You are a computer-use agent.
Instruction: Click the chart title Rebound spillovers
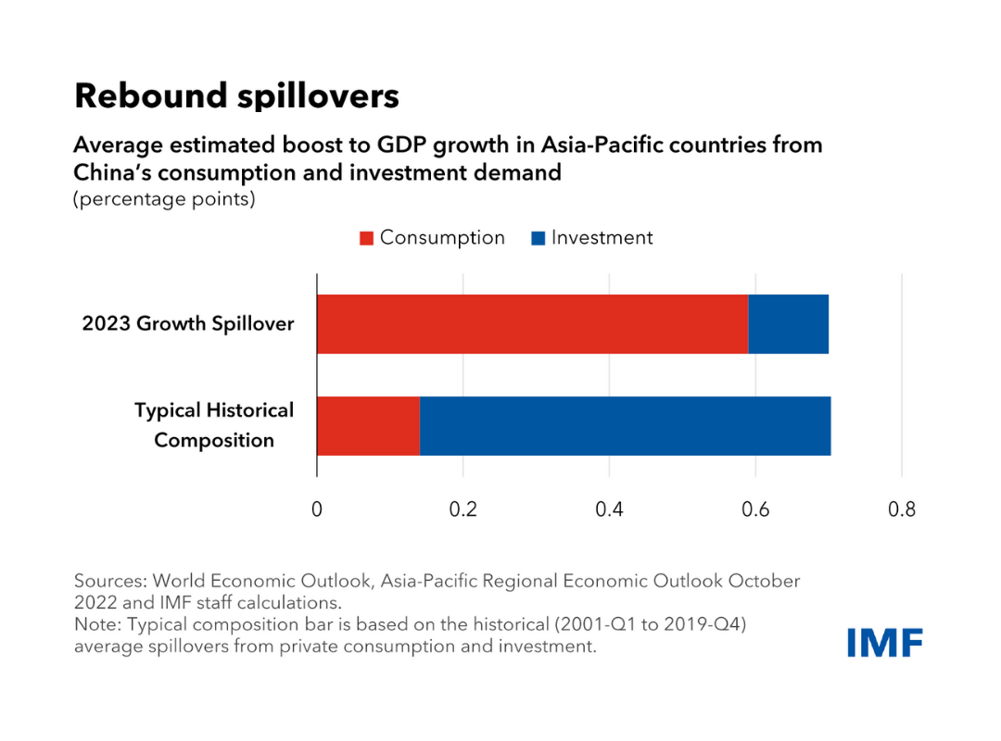(236, 96)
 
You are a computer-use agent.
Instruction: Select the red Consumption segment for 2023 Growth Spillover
(532, 324)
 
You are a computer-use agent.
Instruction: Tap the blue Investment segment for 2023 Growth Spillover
(788, 324)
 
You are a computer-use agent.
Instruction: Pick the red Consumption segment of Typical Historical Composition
(368, 425)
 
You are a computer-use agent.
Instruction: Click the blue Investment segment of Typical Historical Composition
(625, 425)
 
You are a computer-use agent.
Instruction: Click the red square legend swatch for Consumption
(366, 238)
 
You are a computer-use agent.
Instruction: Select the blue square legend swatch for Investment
(538, 238)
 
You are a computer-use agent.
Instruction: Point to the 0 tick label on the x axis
(317, 509)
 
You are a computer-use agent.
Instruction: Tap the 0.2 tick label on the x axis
(462, 509)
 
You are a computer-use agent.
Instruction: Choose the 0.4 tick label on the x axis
(609, 509)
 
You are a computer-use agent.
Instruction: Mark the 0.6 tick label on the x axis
(755, 509)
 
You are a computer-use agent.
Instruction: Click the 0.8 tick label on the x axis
(901, 509)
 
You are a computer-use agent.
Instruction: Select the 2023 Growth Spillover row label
(188, 324)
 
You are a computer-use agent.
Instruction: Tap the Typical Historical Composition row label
(214, 425)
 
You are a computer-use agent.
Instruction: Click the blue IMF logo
(884, 642)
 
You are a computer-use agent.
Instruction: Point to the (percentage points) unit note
(164, 199)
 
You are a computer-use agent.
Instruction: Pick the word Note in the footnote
(95, 624)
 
